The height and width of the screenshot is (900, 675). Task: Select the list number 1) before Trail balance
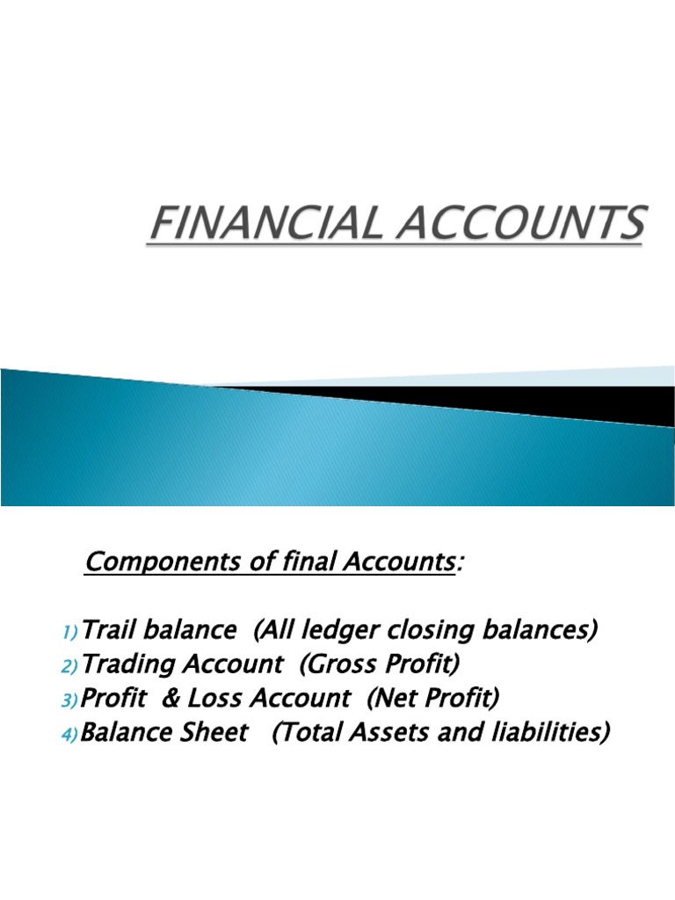pyautogui.click(x=71, y=632)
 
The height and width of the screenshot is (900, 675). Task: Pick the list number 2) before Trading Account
pyautogui.click(x=71, y=666)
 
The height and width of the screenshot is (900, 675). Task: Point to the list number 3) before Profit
pyautogui.click(x=71, y=700)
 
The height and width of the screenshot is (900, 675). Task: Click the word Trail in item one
pyautogui.click(x=109, y=630)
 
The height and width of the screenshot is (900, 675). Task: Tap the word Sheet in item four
pyautogui.click(x=214, y=733)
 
